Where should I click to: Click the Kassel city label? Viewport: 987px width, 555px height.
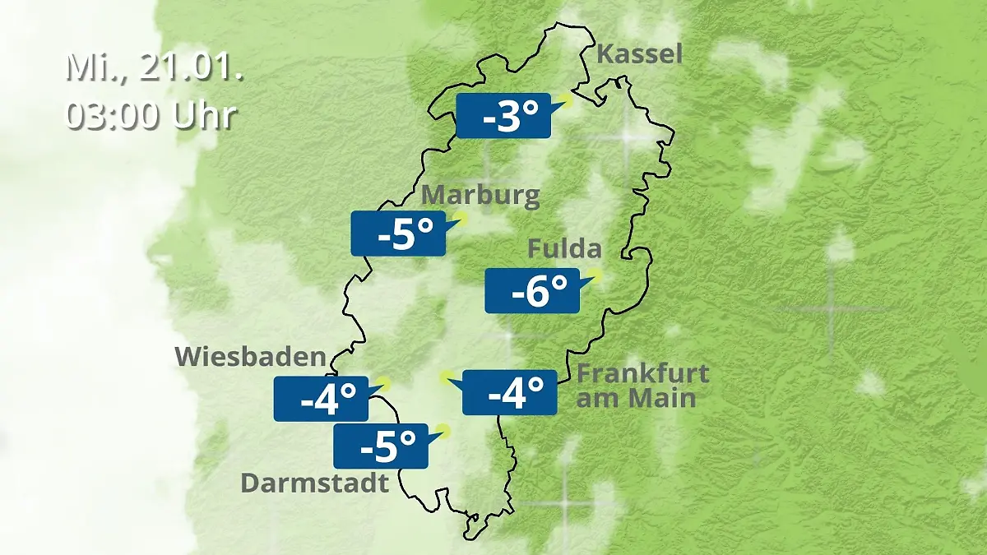pos(639,55)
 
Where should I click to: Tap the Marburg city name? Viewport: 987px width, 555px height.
pos(481,196)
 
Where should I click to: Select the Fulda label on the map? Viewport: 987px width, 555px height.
pos(564,248)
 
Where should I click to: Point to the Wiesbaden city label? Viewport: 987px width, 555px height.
pos(251,357)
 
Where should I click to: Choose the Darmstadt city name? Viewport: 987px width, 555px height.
pos(314,483)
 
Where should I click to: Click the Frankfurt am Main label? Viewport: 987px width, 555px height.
pos(642,386)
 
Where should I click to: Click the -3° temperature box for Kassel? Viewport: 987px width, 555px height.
pos(503,115)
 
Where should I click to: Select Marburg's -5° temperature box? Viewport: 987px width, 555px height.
pos(397,234)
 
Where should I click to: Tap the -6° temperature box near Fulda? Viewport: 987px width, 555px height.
pos(531,290)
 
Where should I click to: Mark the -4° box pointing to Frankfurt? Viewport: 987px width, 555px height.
pos(510,392)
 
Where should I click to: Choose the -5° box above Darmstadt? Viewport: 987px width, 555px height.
pos(380,446)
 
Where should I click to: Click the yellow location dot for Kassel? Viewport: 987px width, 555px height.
pos(564,101)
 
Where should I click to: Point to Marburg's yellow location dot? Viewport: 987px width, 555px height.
pos(460,219)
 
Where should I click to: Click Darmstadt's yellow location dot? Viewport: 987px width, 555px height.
pos(444,429)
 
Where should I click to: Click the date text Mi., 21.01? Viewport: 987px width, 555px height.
pos(154,67)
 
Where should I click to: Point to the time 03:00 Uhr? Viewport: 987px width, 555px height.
pos(151,116)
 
